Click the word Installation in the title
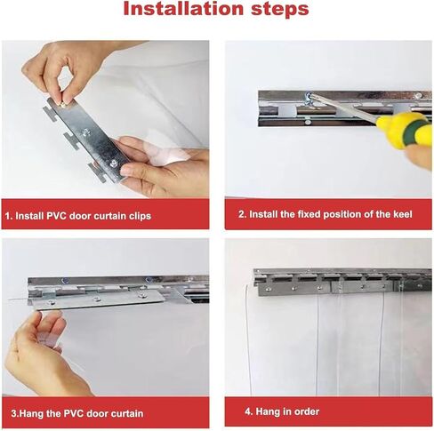coord(183,9)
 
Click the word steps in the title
coord(280,10)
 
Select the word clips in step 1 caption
coord(140,216)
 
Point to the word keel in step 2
coord(403,214)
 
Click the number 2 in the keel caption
coord(241,214)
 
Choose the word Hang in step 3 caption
coord(27,413)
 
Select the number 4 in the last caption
coord(248,411)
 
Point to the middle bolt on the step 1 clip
coord(87,132)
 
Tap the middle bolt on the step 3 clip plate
coord(96,299)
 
